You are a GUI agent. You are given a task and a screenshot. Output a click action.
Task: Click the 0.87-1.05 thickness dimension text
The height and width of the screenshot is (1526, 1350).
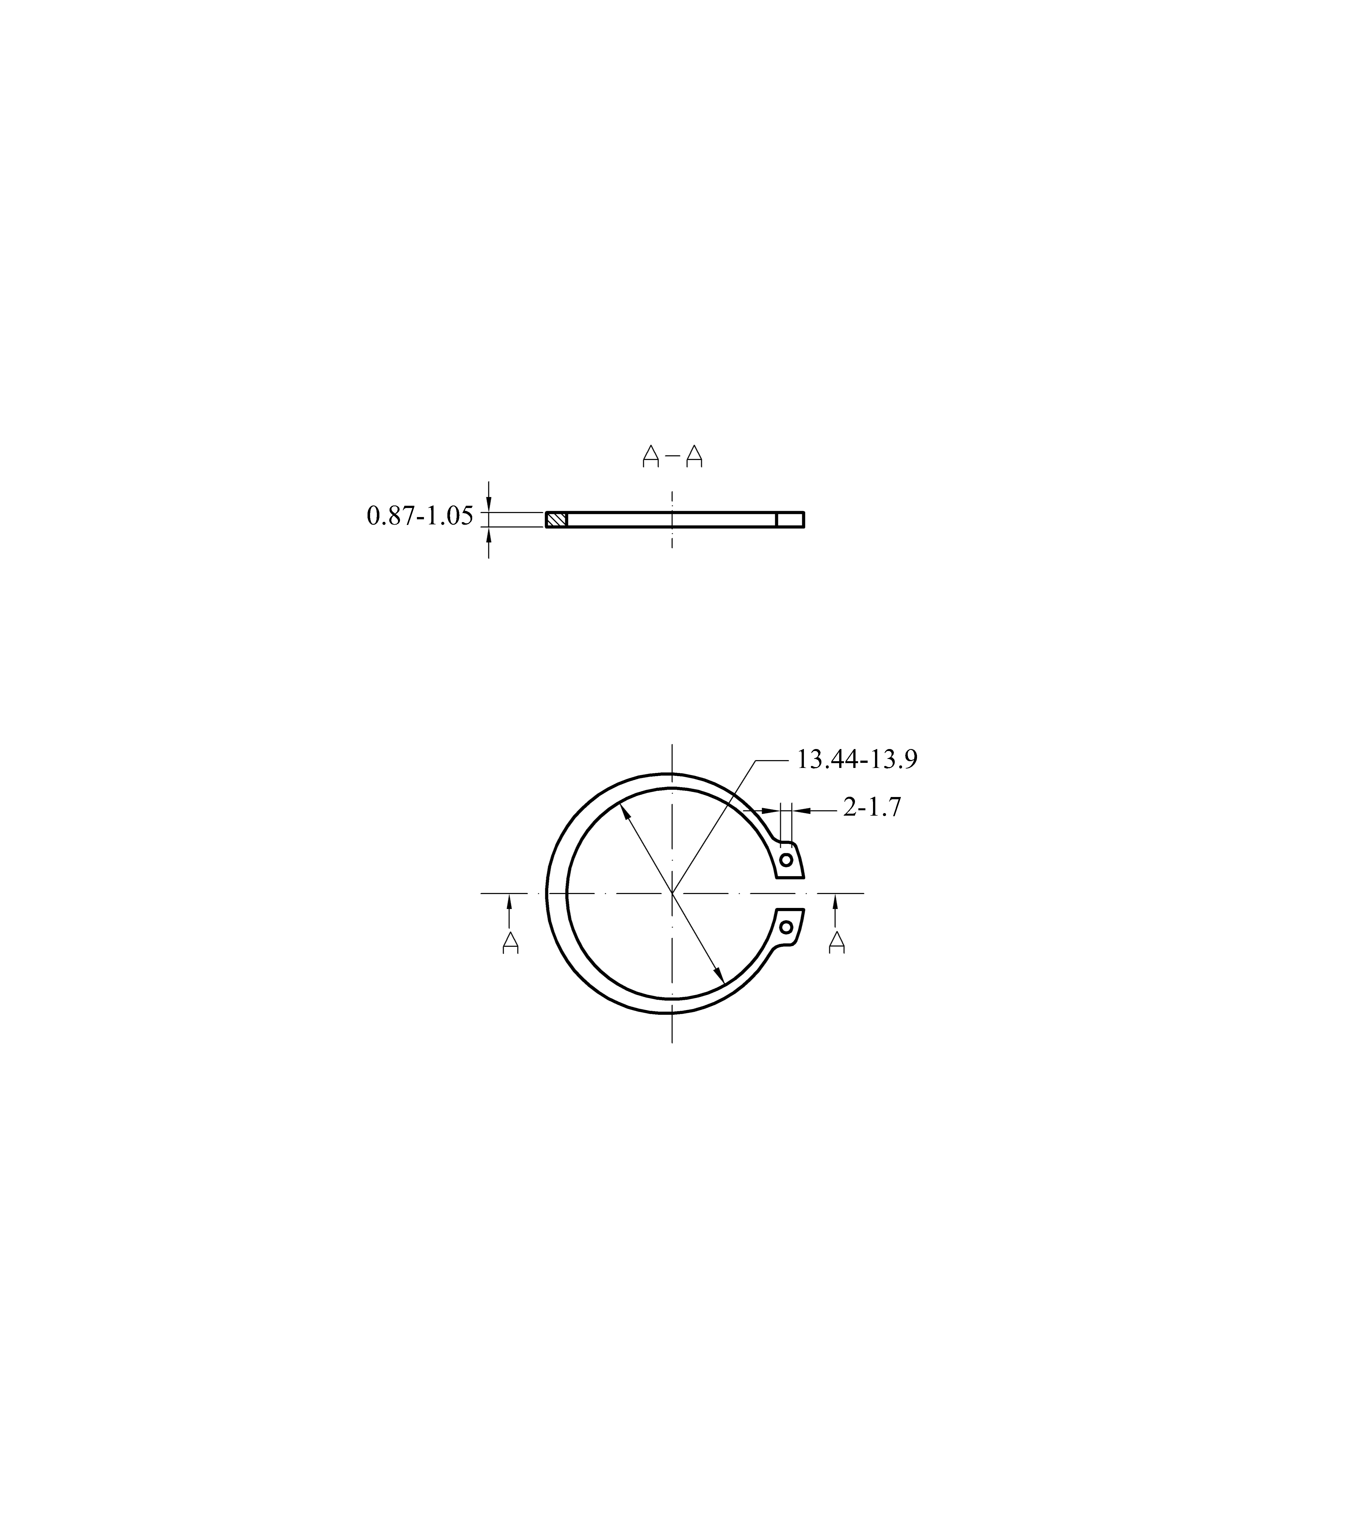click(x=420, y=516)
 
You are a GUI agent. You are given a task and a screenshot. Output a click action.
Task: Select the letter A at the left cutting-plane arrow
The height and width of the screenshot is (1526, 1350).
click(x=511, y=942)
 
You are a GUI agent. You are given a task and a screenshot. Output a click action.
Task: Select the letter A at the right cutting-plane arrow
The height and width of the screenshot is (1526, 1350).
click(x=837, y=942)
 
